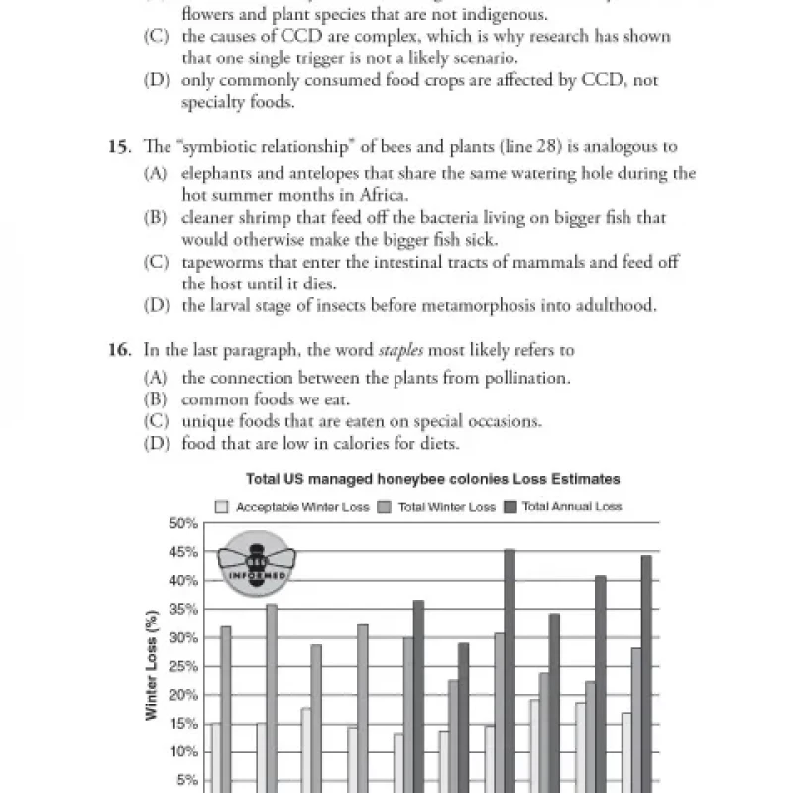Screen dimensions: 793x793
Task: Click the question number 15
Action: (x=119, y=147)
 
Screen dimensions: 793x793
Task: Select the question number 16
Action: (x=119, y=351)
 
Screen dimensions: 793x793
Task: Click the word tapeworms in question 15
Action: (x=219, y=263)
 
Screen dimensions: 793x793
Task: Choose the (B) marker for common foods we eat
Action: (x=155, y=399)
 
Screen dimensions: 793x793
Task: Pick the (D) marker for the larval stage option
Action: (x=155, y=306)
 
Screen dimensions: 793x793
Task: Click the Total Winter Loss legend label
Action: (x=447, y=507)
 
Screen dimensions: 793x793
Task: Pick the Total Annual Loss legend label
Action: (x=572, y=507)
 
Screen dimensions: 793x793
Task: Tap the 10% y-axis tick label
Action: (x=185, y=752)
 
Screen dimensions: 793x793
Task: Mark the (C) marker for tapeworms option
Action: (x=155, y=263)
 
